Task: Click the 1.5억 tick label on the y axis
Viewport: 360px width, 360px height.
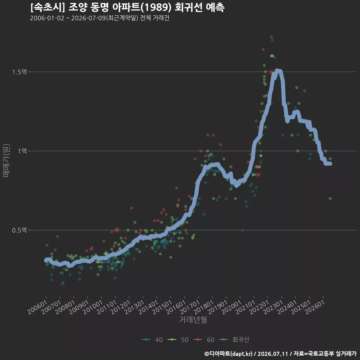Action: pyautogui.click(x=19, y=72)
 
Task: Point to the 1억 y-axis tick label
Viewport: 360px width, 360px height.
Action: pyautogui.click(x=22, y=151)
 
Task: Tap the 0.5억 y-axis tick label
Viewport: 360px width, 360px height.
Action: pyautogui.click(x=19, y=230)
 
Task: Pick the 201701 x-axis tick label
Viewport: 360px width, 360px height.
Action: pyautogui.click(x=190, y=307)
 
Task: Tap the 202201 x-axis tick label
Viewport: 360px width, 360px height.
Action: pyautogui.click(x=259, y=307)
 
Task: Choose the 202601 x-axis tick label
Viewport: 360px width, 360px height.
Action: pyautogui.click(x=315, y=307)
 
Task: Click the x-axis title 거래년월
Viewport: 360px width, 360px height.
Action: pyautogui.click(x=193, y=319)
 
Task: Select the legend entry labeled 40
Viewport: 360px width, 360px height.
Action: pyautogui.click(x=152, y=340)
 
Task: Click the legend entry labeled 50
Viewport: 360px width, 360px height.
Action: pyautogui.click(x=178, y=340)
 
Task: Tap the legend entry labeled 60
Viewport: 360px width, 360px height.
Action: pyautogui.click(x=204, y=340)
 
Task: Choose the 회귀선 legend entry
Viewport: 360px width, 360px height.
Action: pyautogui.click(x=234, y=340)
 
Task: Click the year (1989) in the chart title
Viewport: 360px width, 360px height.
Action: pyautogui.click(x=156, y=7)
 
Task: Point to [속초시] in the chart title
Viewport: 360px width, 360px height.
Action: pyautogui.click(x=48, y=7)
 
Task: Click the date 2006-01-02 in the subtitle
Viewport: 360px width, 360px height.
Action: pyautogui.click(x=47, y=18)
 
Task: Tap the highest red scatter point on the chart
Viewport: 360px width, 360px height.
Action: pyautogui.click(x=271, y=37)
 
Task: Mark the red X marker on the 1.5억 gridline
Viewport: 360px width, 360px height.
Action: pyautogui.click(x=271, y=72)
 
